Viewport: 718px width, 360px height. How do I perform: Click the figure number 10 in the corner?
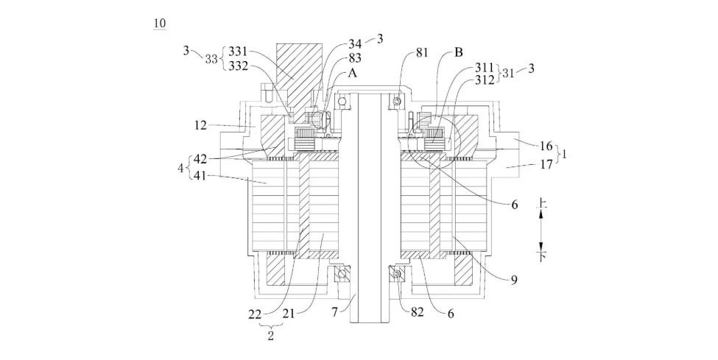click(159, 24)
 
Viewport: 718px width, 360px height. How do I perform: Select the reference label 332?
click(238, 66)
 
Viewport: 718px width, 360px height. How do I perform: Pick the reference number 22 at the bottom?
click(255, 314)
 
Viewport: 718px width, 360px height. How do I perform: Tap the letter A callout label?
click(353, 74)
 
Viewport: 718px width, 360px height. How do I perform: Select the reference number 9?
click(514, 279)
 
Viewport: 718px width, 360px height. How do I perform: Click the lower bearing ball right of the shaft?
click(396, 275)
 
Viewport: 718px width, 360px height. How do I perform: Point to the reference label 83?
click(355, 58)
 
